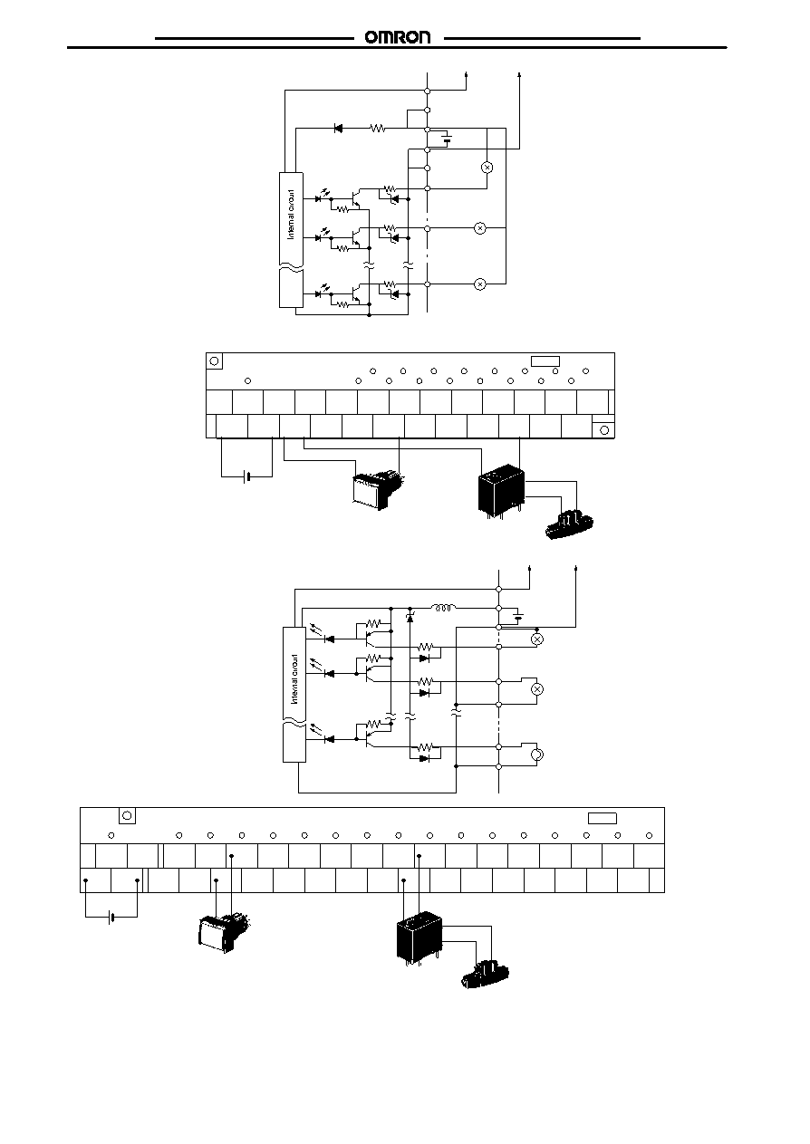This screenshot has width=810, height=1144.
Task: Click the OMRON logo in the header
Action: click(x=398, y=37)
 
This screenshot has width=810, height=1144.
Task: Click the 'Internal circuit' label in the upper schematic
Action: click(x=291, y=215)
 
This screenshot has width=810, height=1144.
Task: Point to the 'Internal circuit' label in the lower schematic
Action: click(x=294, y=678)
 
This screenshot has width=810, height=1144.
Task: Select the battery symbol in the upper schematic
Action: click(x=448, y=139)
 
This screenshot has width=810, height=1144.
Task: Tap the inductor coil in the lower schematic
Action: click(x=444, y=608)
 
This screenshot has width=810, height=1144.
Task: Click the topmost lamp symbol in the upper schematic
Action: click(x=487, y=168)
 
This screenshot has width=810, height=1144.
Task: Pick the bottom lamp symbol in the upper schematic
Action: click(x=480, y=284)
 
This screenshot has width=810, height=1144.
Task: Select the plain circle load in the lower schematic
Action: click(x=537, y=754)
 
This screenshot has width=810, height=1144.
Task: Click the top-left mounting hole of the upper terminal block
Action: click(x=214, y=361)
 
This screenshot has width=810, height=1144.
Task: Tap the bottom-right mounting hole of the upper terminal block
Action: click(x=604, y=430)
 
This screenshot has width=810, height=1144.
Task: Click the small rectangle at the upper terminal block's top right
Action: click(x=545, y=361)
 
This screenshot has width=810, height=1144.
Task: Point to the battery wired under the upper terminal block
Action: click(x=246, y=477)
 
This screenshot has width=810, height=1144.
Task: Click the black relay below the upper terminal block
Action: click(x=501, y=490)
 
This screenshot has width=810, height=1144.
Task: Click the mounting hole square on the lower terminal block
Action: click(x=127, y=815)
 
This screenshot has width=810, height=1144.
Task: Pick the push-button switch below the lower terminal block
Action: click(x=223, y=931)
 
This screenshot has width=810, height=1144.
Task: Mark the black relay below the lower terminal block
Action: click(x=419, y=938)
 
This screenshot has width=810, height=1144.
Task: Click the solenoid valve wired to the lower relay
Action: click(x=485, y=974)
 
